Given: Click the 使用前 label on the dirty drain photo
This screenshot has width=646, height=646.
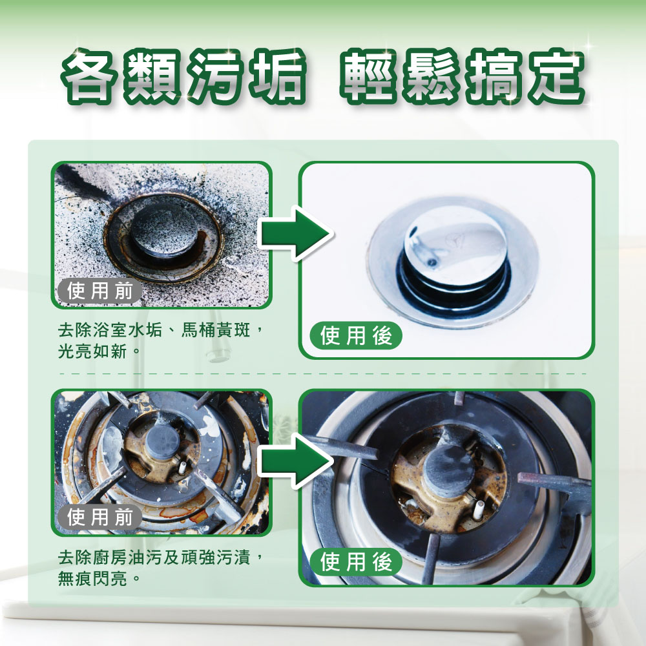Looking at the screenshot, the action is (99, 291).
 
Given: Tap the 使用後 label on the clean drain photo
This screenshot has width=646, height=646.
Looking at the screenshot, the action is (356, 335).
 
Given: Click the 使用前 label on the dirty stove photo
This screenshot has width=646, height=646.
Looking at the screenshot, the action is (99, 517).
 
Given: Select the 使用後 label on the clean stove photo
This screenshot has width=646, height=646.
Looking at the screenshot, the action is (356, 562).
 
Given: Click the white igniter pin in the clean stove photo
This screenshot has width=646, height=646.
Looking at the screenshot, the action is (478, 510).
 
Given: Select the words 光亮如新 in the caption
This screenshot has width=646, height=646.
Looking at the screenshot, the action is (92, 351).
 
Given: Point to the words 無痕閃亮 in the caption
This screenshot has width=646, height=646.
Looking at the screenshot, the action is (92, 579).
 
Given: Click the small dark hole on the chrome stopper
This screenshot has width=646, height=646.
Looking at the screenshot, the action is (432, 262).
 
